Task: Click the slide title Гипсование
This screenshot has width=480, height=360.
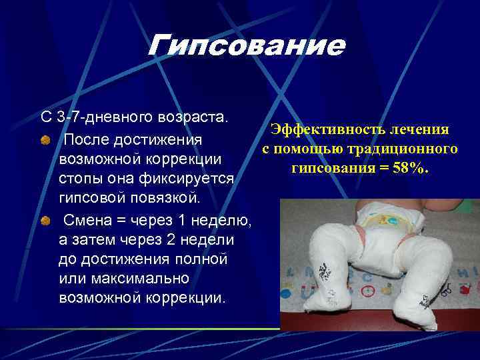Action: tap(246, 45)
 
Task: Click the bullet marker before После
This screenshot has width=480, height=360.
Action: tap(43, 141)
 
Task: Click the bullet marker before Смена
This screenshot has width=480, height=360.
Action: tap(43, 221)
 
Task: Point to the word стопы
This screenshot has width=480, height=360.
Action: tap(79, 180)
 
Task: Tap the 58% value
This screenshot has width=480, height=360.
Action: tap(409, 167)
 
